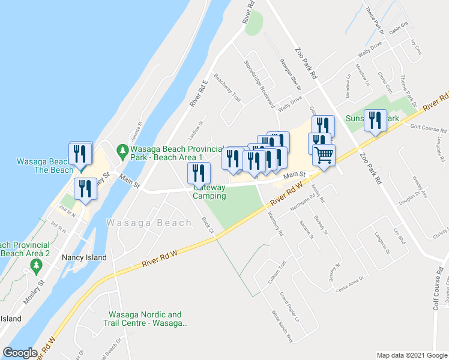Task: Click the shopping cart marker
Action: tap(324, 155)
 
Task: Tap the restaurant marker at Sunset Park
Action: tap(375, 121)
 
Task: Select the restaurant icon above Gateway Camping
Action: tap(199, 173)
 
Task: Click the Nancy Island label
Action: tap(84, 257)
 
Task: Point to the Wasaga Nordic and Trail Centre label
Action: tap(145, 319)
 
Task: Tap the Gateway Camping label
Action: tap(209, 191)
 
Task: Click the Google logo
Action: tap(20, 353)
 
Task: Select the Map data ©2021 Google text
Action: tap(411, 355)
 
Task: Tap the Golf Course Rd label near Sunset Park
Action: tap(429, 128)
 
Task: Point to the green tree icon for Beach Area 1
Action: tap(122, 149)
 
